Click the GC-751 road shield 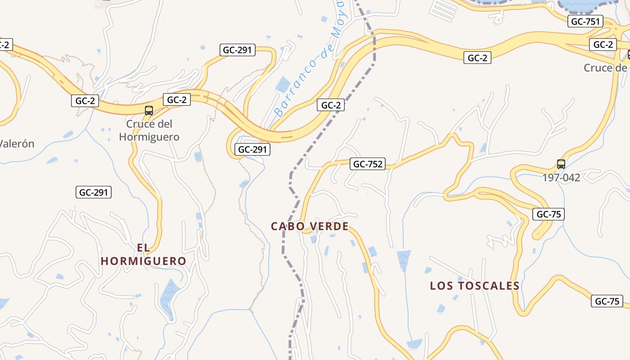(585, 21)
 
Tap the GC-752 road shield (368, 164)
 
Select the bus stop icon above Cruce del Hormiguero (148, 110)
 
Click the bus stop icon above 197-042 (561, 164)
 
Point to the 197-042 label (561, 177)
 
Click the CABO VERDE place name (310, 226)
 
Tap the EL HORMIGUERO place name (143, 254)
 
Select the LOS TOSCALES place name (475, 286)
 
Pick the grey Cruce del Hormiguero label (149, 130)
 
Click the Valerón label (17, 144)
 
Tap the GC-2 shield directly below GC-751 (603, 45)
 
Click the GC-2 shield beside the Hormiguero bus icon (177, 99)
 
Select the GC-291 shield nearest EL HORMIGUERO (93, 193)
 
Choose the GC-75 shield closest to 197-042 (548, 214)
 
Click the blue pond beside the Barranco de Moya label (283, 84)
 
